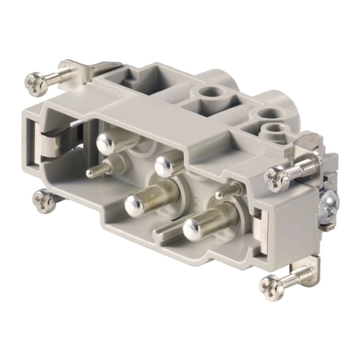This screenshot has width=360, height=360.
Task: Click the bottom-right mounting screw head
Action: tap(271, 286)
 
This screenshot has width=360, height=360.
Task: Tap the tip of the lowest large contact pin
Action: tap(193, 229)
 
